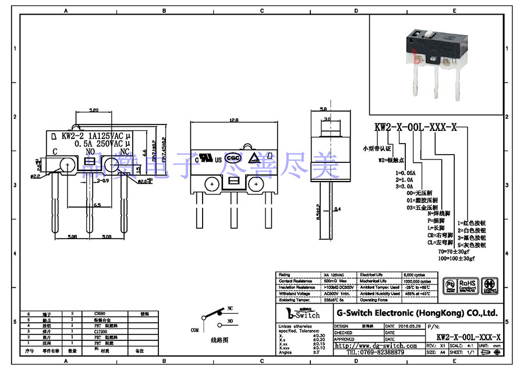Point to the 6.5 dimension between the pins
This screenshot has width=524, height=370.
[x=98, y=205]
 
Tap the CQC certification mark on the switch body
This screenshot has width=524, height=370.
[x=234, y=158]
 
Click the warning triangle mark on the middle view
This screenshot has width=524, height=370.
[x=254, y=158]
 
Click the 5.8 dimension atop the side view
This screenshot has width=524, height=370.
[x=324, y=109]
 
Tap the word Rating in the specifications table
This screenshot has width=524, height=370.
[x=284, y=274]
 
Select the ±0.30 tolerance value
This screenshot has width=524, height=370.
[x=319, y=336]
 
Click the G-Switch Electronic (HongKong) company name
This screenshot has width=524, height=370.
[x=417, y=313]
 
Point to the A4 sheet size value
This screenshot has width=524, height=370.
[x=442, y=353]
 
